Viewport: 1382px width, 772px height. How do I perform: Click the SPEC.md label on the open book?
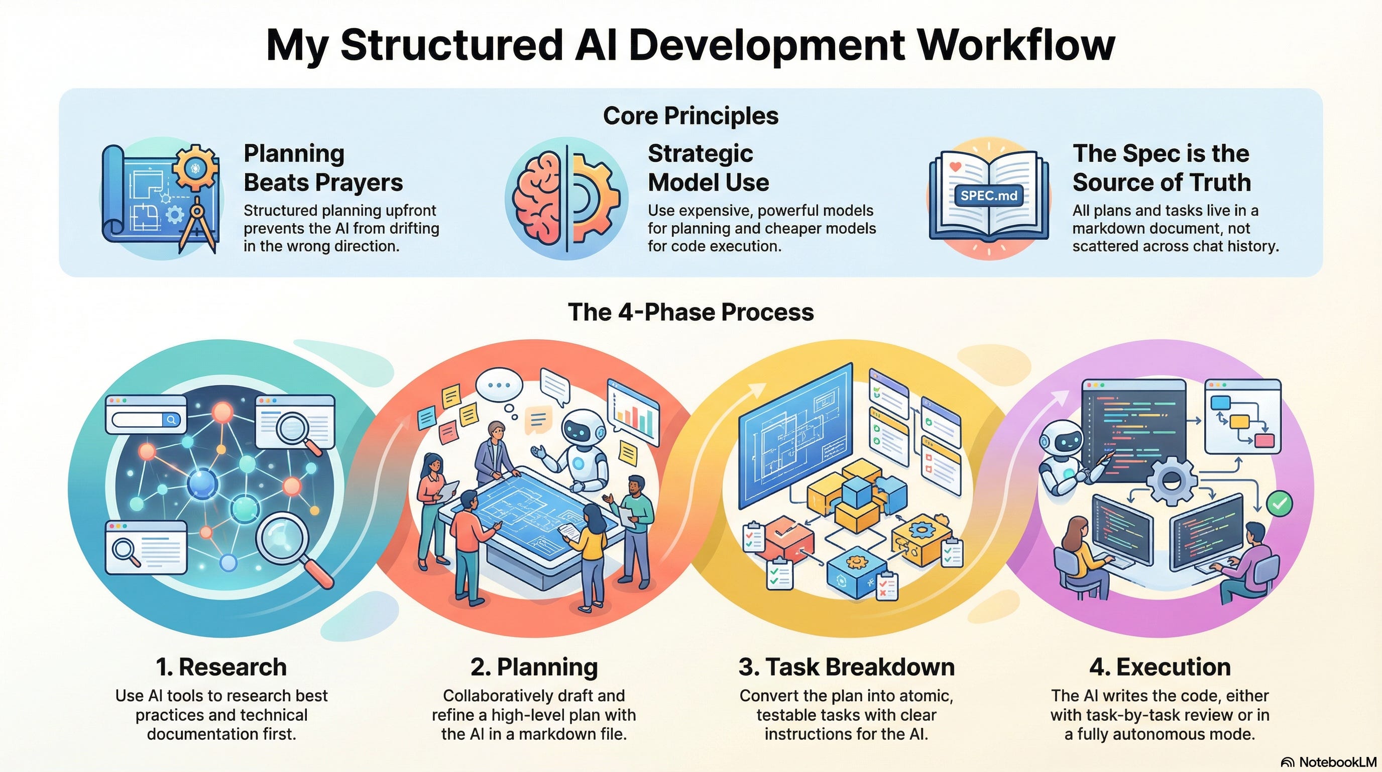(988, 196)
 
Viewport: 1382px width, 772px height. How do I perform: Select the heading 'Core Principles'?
(690, 116)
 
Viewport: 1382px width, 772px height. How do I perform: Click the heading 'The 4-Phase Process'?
(690, 313)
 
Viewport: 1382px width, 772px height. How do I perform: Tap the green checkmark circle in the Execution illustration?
(1280, 503)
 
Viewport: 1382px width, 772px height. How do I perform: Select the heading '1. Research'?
(221, 667)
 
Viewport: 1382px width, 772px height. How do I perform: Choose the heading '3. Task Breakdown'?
(846, 667)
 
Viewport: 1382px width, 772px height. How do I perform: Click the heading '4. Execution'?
(1160, 667)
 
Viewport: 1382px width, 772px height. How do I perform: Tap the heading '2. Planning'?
(534, 667)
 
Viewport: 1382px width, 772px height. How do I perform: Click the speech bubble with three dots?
(499, 385)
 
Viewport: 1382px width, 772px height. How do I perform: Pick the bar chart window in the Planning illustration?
(633, 411)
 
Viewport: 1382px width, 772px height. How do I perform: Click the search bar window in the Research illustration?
(147, 414)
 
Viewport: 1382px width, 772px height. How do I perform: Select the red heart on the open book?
(955, 166)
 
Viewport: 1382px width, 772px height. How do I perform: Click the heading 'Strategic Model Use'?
(708, 168)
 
